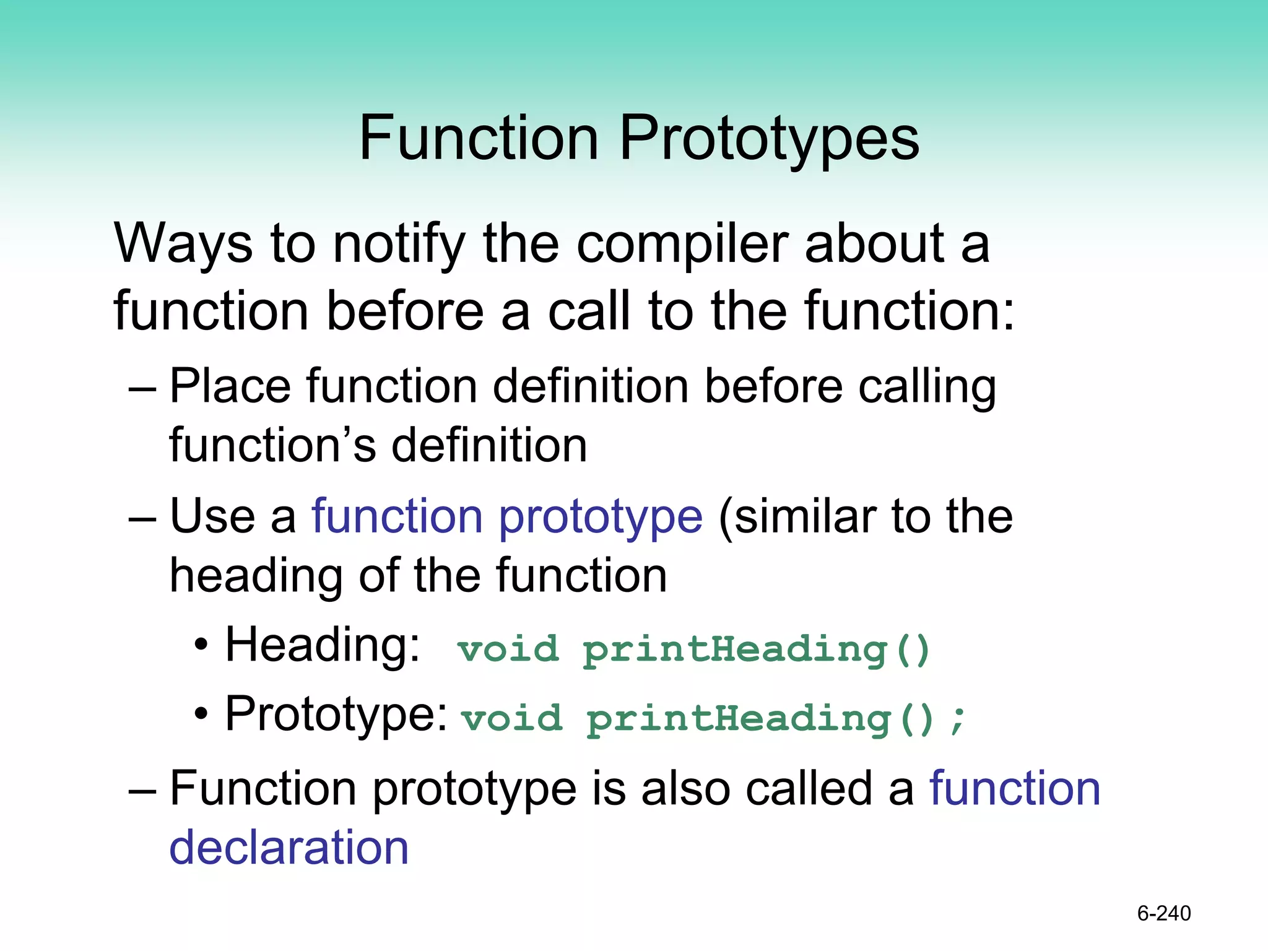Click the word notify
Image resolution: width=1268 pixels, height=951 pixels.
click(399, 245)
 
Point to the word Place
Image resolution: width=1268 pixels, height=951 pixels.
click(230, 387)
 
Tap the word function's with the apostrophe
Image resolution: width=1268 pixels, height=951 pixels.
click(272, 446)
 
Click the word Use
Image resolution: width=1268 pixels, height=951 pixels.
click(212, 517)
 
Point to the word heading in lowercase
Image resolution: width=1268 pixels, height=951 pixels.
click(256, 576)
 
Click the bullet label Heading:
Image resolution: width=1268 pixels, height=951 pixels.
click(322, 646)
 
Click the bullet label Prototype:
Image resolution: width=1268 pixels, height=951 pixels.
click(336, 715)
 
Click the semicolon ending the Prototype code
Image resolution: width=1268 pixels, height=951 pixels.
click(958, 719)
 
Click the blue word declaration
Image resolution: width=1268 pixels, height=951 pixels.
click(289, 847)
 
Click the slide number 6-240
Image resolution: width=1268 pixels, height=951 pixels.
click(1163, 913)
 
